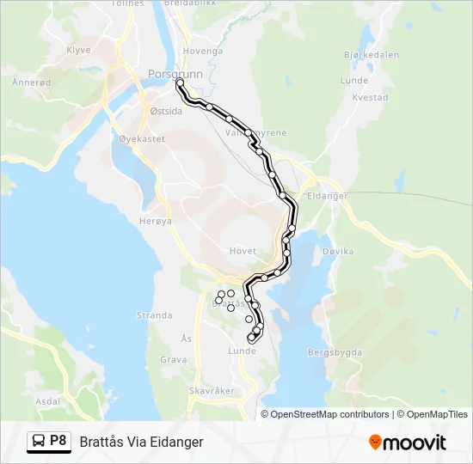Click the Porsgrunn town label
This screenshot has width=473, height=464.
pyautogui.click(x=175, y=74)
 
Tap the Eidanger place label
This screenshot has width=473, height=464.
pyautogui.click(x=327, y=196)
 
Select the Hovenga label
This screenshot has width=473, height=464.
pyautogui.click(x=203, y=51)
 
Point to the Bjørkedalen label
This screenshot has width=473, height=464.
pyautogui.click(x=371, y=54)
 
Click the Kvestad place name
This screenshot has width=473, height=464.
pyautogui.click(x=371, y=98)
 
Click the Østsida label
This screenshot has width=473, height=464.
pyautogui.click(x=166, y=111)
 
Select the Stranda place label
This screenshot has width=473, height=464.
pyautogui.click(x=155, y=315)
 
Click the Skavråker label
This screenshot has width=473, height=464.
pyautogui.click(x=211, y=390)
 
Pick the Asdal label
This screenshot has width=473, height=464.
pyautogui.click(x=47, y=401)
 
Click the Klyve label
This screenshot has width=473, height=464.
pyautogui.click(x=78, y=51)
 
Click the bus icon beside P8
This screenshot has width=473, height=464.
pyautogui.click(x=39, y=442)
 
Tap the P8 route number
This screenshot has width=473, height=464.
pyautogui.click(x=58, y=441)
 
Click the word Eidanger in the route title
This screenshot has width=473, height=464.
pyautogui.click(x=175, y=442)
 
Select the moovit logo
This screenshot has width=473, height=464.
pyautogui.click(x=408, y=443)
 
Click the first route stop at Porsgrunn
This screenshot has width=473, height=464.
pyautogui.click(x=179, y=83)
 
